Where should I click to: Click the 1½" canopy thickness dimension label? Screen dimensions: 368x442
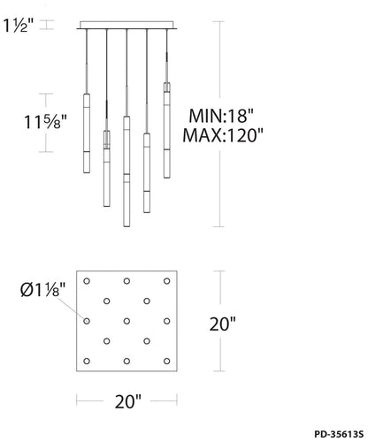click(x=19, y=26)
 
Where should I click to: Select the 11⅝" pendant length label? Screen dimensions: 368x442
click(x=45, y=122)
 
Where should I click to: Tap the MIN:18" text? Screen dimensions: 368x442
click(x=221, y=116)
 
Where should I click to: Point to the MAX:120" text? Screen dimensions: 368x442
click(x=223, y=135)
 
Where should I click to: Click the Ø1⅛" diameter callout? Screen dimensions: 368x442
click(x=43, y=290)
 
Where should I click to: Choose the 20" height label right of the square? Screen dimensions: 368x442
click(x=223, y=324)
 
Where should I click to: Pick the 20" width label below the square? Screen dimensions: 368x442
click(x=128, y=401)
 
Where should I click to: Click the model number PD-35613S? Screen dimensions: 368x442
click(x=339, y=434)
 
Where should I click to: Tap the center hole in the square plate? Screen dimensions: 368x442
click(x=126, y=321)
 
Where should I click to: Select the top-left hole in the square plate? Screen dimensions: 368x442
click(x=87, y=281)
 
